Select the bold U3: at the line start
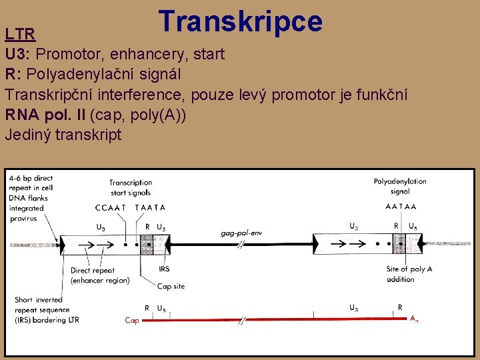click(x=20, y=53)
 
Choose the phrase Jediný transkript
click(x=63, y=134)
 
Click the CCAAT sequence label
click(x=110, y=207)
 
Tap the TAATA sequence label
click(x=150, y=207)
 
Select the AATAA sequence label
click(x=401, y=207)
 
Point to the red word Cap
click(x=132, y=321)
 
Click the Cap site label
click(x=171, y=287)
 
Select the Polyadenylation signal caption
click(x=400, y=186)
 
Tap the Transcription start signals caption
click(x=131, y=187)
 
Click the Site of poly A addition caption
click(x=409, y=274)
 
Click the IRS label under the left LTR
click(x=164, y=269)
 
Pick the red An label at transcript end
click(x=415, y=319)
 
